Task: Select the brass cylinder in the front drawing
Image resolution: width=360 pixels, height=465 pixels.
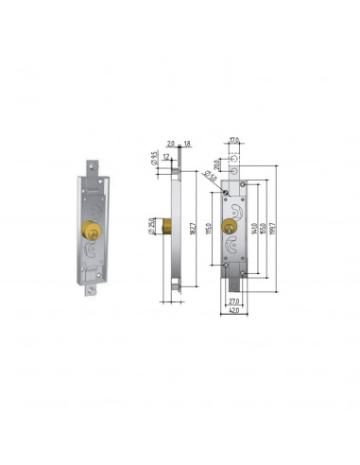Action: [229, 227]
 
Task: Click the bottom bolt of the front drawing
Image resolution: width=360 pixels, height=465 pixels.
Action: [234, 284]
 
